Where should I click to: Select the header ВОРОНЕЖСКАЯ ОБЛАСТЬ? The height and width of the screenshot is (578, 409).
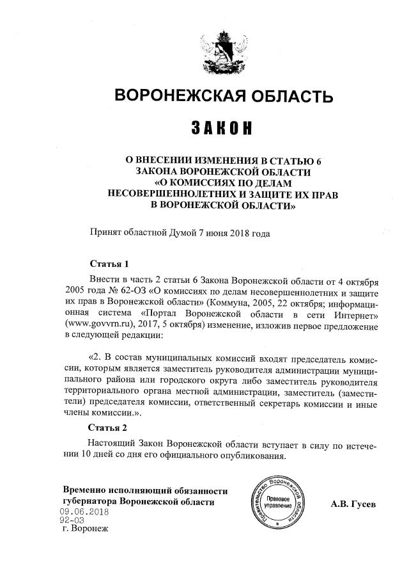click(223, 97)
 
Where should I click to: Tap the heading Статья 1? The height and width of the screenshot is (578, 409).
click(109, 264)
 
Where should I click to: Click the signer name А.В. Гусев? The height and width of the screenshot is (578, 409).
click(353, 504)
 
